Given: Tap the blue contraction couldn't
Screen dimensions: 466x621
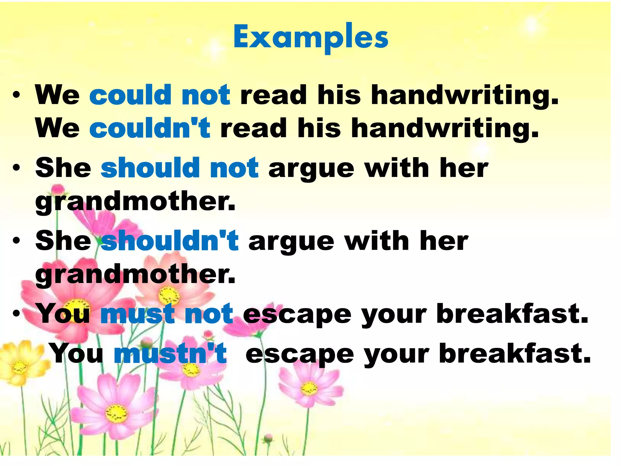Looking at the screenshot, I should click(x=150, y=128).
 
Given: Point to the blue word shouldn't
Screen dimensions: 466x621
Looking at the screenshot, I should click(x=170, y=241).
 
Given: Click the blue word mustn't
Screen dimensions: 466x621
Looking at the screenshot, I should click(x=170, y=353).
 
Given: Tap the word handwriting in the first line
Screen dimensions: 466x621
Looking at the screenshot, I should click(x=465, y=96).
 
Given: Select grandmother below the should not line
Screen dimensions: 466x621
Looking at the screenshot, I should click(x=135, y=201).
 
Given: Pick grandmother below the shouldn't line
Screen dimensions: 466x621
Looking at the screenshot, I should click(x=135, y=275).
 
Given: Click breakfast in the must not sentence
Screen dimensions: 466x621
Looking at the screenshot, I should click(x=512, y=314).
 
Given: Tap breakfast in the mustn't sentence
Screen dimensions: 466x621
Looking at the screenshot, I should click(x=515, y=353).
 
